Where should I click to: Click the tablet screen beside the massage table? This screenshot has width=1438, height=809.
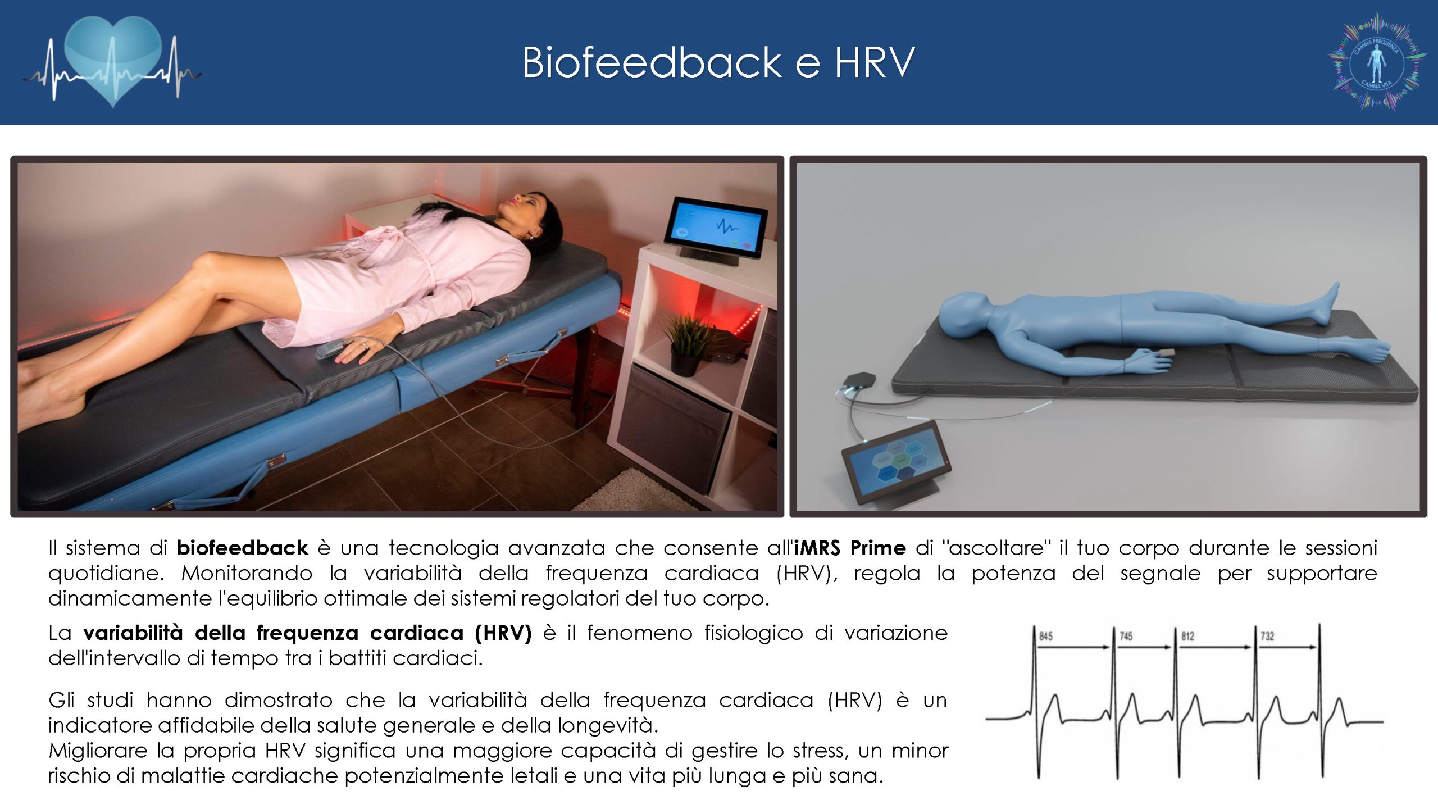[716, 227]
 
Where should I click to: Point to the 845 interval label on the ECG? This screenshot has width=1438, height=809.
[1045, 637]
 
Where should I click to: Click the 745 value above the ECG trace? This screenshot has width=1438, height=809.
[1126, 637]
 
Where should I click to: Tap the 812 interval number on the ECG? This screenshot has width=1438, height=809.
[1187, 637]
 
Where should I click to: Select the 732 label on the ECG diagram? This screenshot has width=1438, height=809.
[1267, 637]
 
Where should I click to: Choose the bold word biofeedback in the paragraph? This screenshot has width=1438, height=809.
[243, 548]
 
